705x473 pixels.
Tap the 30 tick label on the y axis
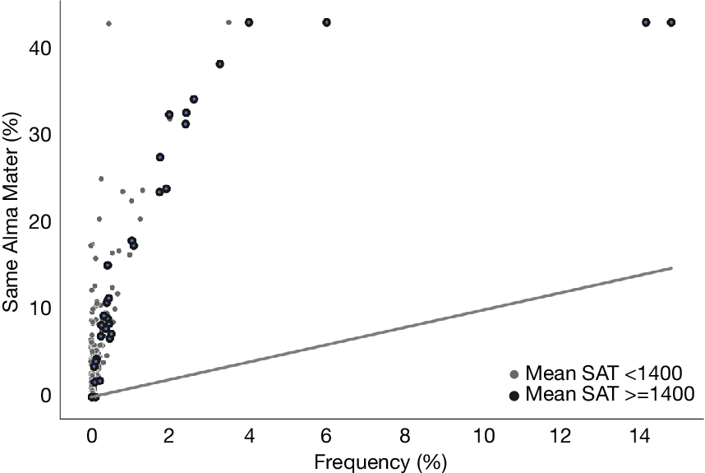(39, 135)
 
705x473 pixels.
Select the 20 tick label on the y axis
(39, 221)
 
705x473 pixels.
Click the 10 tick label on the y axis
(39, 308)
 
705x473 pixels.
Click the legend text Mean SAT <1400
(604, 373)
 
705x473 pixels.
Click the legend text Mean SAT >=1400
(610, 394)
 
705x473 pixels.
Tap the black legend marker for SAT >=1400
(514, 395)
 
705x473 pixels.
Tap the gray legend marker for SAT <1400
(514, 373)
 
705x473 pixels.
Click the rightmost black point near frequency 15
(670, 22)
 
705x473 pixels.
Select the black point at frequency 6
(326, 22)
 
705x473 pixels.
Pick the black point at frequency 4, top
(249, 22)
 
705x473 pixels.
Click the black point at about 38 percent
(219, 64)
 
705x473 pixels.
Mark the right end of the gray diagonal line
(671, 268)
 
